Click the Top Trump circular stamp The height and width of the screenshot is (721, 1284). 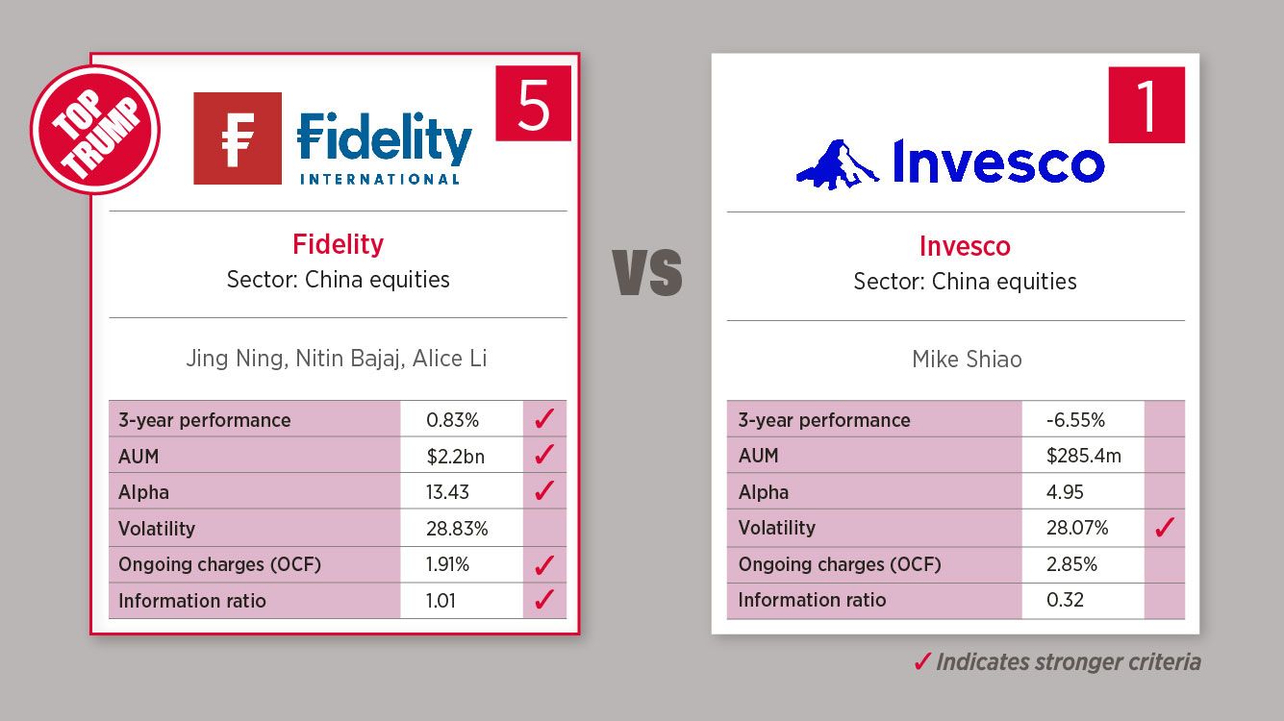tap(95, 130)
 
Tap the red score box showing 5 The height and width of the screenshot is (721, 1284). tap(533, 103)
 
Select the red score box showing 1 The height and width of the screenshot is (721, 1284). tap(1146, 105)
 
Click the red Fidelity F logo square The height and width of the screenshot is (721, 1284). tap(238, 138)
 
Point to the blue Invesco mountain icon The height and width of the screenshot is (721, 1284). tap(837, 164)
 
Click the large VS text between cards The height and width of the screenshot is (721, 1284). tap(647, 273)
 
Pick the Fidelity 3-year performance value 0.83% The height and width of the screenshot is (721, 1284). tap(452, 420)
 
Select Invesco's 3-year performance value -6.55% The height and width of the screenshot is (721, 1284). tap(1075, 420)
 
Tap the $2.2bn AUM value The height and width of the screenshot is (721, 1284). tap(456, 457)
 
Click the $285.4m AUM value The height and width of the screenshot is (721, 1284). tap(1083, 456)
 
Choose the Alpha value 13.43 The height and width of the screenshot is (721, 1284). tap(447, 492)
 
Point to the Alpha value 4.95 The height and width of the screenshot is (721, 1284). tap(1065, 492)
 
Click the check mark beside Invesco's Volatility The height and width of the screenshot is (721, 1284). tap(1165, 527)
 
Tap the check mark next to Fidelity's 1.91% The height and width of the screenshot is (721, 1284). tap(544, 564)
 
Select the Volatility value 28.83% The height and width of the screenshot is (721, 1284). tap(457, 529)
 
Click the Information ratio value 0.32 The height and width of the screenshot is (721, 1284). tap(1065, 600)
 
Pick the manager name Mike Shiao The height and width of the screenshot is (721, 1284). tap(967, 360)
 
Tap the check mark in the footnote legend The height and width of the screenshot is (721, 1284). tap(922, 662)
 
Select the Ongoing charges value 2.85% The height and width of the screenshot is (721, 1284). tap(1071, 564)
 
